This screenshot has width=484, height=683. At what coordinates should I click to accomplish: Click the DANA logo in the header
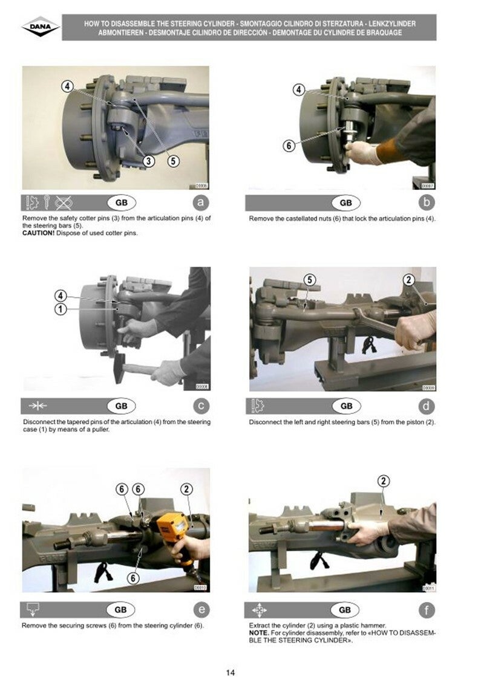41,27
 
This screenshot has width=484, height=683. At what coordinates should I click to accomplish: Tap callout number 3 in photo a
149,161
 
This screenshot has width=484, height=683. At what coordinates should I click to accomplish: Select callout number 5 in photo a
173,161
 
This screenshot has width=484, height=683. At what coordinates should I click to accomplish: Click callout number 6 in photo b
289,146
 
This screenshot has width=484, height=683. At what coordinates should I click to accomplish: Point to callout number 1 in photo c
60,309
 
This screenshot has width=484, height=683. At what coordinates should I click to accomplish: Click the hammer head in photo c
119,367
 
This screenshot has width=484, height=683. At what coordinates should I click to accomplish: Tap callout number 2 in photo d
408,280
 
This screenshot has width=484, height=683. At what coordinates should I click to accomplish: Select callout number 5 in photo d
309,280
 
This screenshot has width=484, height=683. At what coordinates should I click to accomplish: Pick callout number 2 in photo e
186,489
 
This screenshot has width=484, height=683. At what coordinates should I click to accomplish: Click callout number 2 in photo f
384,481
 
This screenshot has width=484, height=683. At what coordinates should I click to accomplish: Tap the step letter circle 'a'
200,202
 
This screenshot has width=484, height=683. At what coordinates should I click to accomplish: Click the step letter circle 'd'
426,406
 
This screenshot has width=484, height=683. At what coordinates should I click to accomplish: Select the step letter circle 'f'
427,610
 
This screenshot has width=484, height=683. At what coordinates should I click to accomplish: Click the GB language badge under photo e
120,610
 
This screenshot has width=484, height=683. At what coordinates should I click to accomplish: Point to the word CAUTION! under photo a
38,233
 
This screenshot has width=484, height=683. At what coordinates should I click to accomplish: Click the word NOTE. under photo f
259,632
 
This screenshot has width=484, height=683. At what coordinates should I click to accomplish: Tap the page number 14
231,673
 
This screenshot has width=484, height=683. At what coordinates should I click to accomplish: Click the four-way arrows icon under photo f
260,610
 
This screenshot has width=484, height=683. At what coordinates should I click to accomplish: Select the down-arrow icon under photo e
33,609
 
